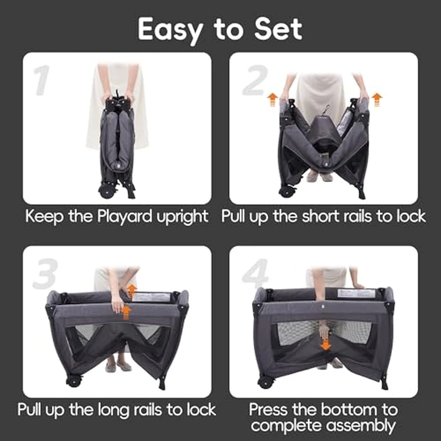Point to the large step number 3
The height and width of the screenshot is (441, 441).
pos(45,273)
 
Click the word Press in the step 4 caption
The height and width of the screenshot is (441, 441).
pos(272,409)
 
